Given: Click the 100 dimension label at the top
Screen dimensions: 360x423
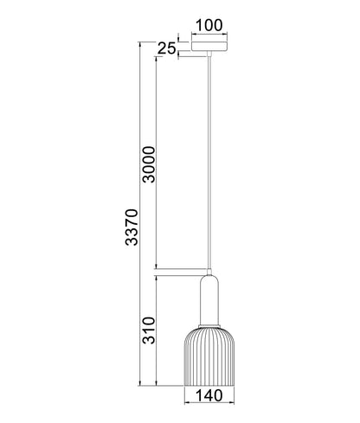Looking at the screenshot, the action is click(209, 25).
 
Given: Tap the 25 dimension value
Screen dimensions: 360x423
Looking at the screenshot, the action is click(166, 48).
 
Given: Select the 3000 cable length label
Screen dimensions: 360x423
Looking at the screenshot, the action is click(149, 164).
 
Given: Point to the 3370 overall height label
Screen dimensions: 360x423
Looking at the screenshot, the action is click(132, 227).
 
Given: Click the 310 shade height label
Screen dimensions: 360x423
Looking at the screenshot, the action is click(149, 330).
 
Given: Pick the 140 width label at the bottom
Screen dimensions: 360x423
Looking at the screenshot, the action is click(209, 395).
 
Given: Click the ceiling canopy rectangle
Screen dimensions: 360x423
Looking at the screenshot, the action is click(209, 47).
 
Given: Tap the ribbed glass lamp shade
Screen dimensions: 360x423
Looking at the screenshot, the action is click(209, 356).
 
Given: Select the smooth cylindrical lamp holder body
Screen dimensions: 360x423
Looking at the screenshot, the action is click(209, 300).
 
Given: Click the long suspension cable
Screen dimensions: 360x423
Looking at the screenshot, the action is click(209, 163).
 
